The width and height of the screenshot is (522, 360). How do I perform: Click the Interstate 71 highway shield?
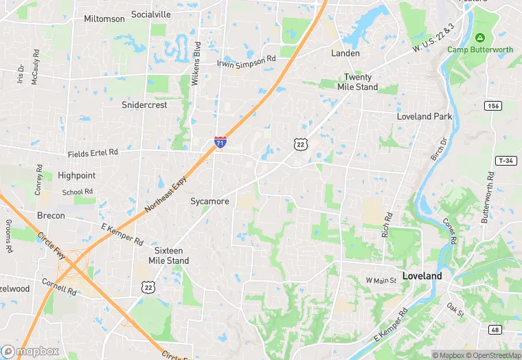[x=220, y=142]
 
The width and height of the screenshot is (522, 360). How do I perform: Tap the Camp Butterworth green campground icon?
[x=479, y=37]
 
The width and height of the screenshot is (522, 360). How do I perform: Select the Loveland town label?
[x=422, y=275]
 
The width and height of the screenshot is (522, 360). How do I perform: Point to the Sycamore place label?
[x=209, y=201]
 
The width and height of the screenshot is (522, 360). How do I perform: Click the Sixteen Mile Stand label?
[x=169, y=256]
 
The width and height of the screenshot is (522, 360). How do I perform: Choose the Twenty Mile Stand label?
[x=357, y=82]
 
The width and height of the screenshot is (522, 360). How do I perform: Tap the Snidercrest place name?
[x=144, y=105]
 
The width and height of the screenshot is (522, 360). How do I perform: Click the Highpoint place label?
[x=76, y=175]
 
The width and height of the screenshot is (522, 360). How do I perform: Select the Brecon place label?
[x=51, y=216]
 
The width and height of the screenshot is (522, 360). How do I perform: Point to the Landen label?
[x=345, y=53]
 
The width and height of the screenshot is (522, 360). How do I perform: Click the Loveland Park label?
[x=424, y=117]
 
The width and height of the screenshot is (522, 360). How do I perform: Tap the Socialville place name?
[x=151, y=14]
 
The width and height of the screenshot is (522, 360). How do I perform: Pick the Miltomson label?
[x=104, y=19]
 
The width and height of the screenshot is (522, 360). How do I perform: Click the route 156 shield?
[x=492, y=105]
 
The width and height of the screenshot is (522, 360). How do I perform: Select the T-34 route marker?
[x=505, y=161]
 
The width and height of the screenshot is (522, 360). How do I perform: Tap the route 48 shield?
[x=496, y=330]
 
